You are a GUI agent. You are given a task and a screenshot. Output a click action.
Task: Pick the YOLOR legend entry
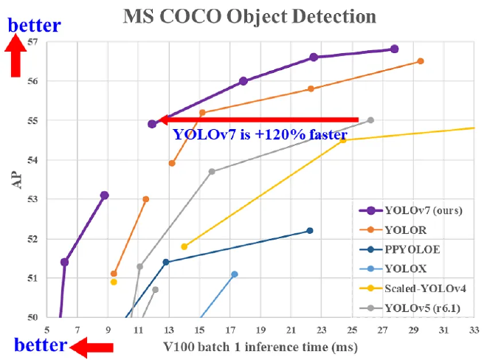(405, 229)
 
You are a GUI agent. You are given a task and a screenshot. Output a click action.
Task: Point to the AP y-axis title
(16, 180)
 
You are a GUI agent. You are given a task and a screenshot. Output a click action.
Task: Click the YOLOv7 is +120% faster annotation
(259, 135)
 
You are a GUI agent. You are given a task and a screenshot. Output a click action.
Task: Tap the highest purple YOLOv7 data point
(394, 49)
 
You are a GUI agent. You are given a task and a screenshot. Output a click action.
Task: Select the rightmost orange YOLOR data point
(421, 61)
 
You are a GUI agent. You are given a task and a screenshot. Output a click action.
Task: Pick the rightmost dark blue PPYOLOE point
(310, 231)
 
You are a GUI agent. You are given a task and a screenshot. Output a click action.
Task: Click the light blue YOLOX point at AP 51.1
(235, 274)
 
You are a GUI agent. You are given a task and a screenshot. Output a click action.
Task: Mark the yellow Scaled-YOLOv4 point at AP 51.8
(184, 246)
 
